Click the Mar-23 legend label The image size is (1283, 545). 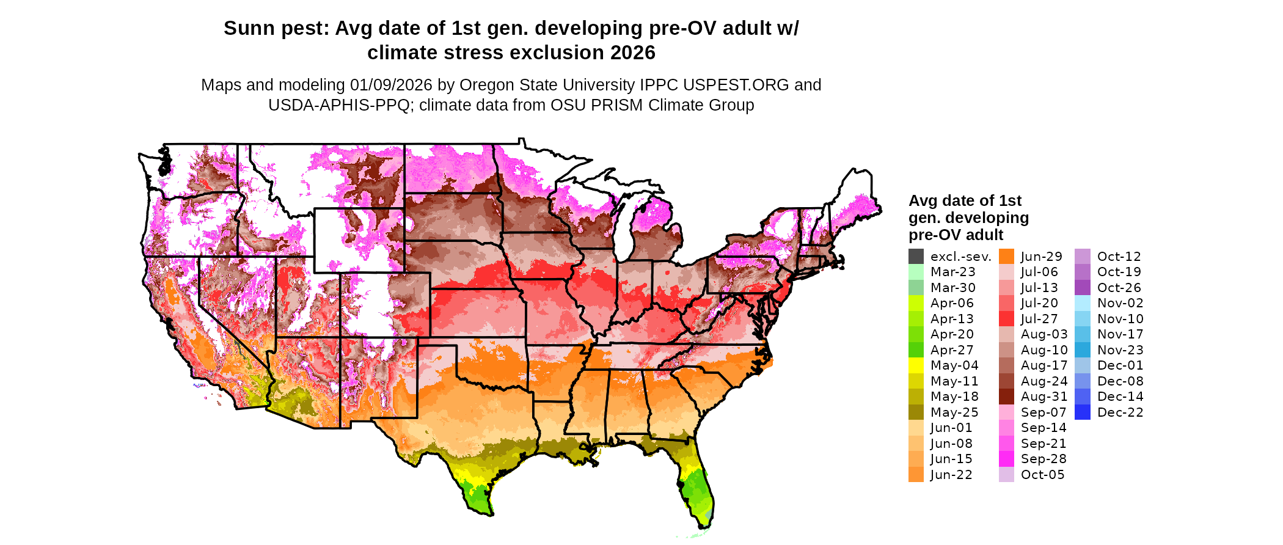pos(952,272)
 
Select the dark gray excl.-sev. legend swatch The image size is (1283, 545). pos(916,257)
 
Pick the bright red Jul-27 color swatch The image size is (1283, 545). pos(1006,319)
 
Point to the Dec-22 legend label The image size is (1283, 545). pos(1120,412)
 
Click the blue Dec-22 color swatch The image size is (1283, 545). pos(1083,412)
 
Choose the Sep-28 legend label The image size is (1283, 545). pos(1044,459)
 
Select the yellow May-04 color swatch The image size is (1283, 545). pos(916,365)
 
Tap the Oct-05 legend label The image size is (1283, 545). pos(1043,475)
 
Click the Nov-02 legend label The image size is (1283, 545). pos(1120,303)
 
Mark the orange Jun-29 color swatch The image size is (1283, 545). pos(1006,257)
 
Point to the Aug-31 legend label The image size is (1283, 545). pos(1044,397)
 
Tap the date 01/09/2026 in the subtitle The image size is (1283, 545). pos(390,85)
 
